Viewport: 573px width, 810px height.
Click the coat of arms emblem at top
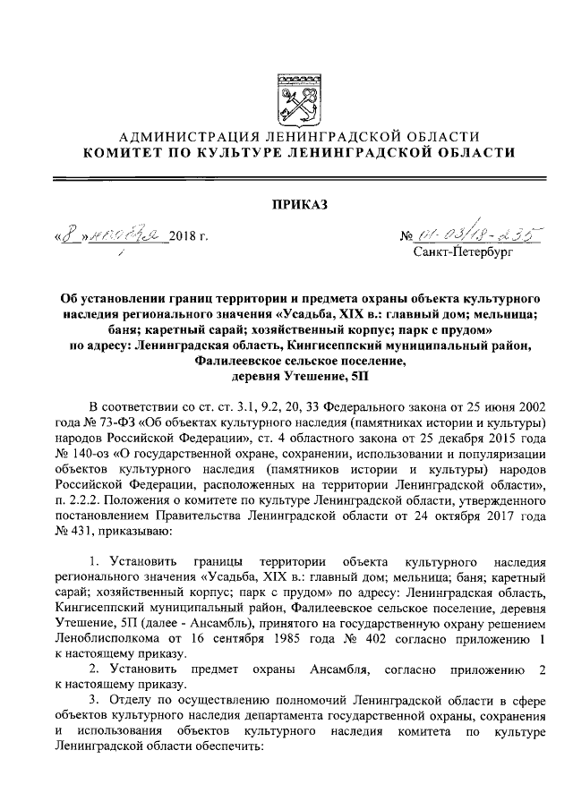295,92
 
